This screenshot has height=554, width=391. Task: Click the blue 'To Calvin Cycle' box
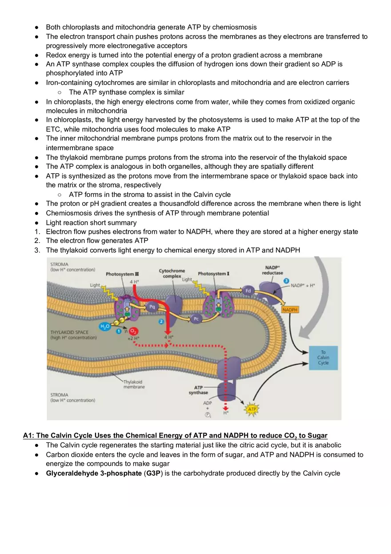[323, 358]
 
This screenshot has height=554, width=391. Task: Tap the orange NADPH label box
[290, 309]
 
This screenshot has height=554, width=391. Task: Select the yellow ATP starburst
[252, 409]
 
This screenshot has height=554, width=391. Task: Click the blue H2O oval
[105, 327]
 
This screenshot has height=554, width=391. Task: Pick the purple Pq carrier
[152, 307]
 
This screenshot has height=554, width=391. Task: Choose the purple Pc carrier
[195, 319]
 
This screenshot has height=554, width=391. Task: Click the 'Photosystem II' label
[122, 274]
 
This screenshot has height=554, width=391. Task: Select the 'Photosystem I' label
[214, 274]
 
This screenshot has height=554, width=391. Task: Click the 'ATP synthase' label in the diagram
[198, 390]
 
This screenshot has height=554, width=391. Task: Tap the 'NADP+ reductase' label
[272, 270]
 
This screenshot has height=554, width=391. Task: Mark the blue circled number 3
[287, 282]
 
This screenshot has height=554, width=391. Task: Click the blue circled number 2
[161, 321]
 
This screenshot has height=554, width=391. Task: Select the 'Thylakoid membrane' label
[133, 384]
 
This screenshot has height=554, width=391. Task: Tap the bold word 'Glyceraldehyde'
[71, 473]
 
